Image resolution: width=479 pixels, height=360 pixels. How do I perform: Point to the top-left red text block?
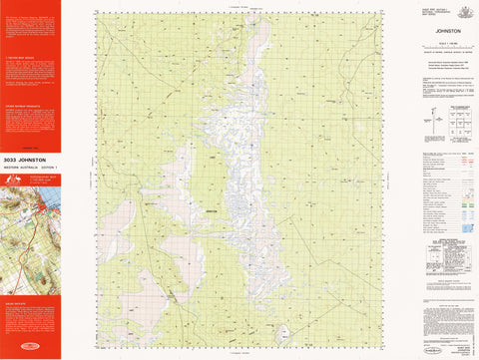[30, 30]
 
